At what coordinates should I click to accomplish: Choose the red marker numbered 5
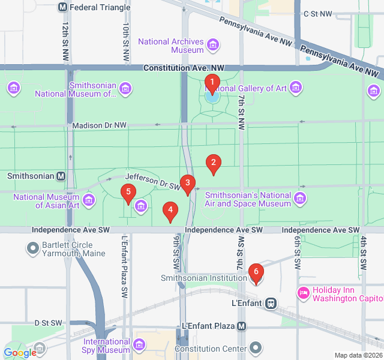[x=127, y=193]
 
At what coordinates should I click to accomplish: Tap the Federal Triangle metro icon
[x=63, y=7]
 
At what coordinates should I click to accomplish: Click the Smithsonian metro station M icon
[x=61, y=176]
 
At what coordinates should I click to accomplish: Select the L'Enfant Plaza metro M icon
[x=241, y=326]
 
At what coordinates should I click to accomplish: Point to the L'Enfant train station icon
[x=271, y=303]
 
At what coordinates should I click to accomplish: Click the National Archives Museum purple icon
[x=212, y=44]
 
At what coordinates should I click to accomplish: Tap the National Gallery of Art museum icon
[x=295, y=88]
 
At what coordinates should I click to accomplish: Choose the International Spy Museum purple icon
[x=139, y=345]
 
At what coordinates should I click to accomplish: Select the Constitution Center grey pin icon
[x=256, y=348]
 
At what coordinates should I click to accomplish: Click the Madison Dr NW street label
[x=99, y=125]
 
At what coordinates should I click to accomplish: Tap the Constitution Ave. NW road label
[x=183, y=68]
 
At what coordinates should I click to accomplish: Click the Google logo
[x=20, y=353]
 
